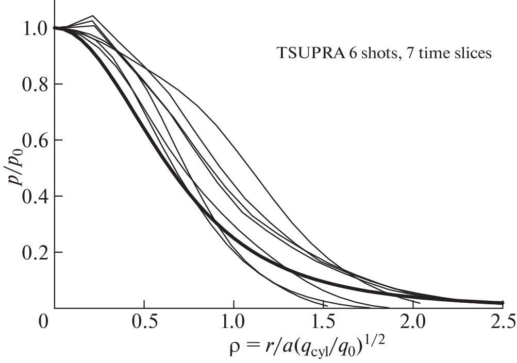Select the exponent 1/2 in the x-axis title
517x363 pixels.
pyautogui.click(x=396, y=341)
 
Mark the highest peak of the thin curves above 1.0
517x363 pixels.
pyautogui.click(x=93, y=16)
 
